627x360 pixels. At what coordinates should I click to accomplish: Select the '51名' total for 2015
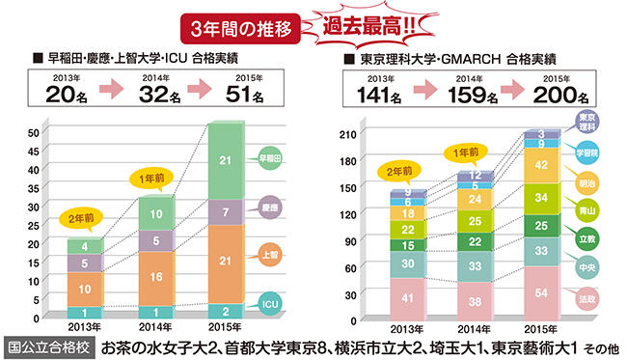point(246,94)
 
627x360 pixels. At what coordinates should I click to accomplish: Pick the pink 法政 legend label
point(586,302)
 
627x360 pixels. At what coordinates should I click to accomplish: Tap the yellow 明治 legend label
point(586,182)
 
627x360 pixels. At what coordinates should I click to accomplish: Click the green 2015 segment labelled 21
point(224,160)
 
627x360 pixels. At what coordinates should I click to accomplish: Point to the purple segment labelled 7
point(224,212)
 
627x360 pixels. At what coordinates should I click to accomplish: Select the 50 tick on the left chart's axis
point(34,132)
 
